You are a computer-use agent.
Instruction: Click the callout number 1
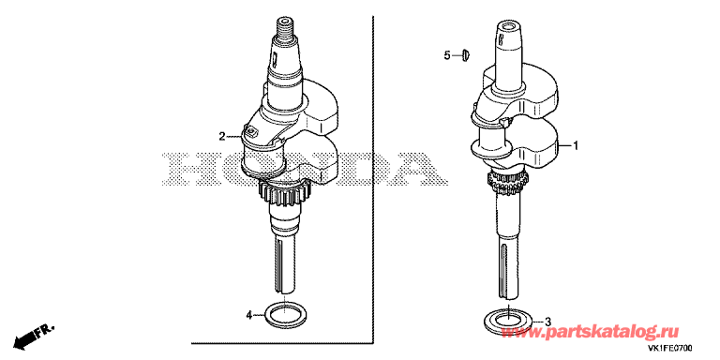pyautogui.click(x=576, y=146)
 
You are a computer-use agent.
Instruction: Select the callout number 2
pyautogui.click(x=222, y=136)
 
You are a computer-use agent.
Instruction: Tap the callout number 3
pyautogui.click(x=547, y=321)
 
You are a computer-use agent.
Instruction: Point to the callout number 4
pyautogui.click(x=249, y=315)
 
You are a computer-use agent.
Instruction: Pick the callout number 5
pyautogui.click(x=447, y=56)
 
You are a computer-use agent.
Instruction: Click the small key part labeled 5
pyautogui.click(x=465, y=56)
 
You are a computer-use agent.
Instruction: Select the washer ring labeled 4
pyautogui.click(x=285, y=314)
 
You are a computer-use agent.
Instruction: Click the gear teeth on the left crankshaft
pyautogui.click(x=285, y=193)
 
